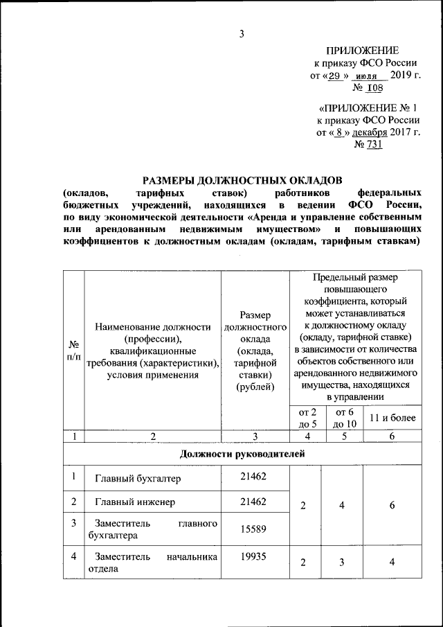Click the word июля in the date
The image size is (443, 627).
(x=368, y=76)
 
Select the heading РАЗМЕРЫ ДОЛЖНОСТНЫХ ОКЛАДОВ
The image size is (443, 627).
(x=242, y=179)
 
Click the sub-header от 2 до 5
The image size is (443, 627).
(x=307, y=418)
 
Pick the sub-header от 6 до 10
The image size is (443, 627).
(x=344, y=418)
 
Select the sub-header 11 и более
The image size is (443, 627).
(x=392, y=418)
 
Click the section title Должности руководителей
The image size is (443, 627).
(x=242, y=454)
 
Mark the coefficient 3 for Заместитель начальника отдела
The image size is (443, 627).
(x=342, y=562)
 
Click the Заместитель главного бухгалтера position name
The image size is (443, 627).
(x=152, y=529)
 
